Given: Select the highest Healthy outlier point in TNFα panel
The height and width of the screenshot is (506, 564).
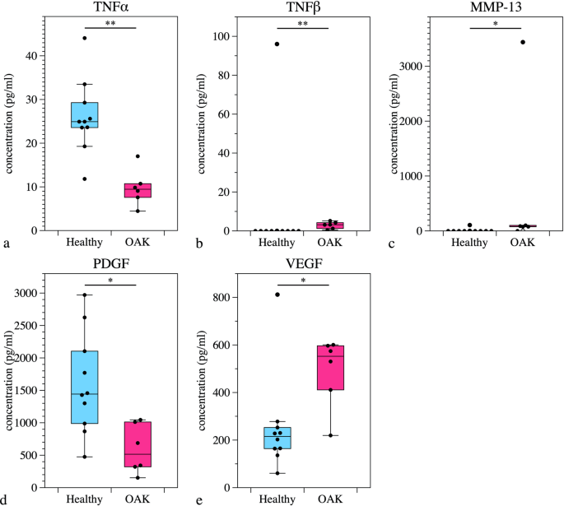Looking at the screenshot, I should coord(84,38).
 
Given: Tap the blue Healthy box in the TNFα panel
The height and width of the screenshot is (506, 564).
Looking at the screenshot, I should coord(84,115).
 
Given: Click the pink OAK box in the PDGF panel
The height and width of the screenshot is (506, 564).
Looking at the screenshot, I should coord(138,444).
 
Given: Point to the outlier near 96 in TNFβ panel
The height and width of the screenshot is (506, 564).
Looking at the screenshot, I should coord(277,44).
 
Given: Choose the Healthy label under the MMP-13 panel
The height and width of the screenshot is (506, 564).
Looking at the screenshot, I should coord(468,242).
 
